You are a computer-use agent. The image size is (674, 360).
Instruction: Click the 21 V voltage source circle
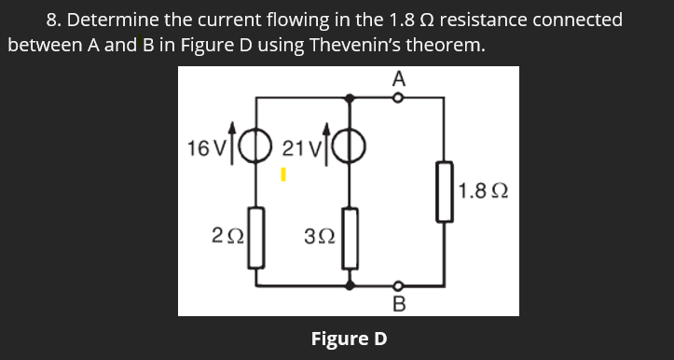pyautogui.click(x=351, y=148)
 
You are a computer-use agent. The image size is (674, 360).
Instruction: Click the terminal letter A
pyautogui.click(x=399, y=80)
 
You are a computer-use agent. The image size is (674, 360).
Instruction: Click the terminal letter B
pyautogui.click(x=399, y=303)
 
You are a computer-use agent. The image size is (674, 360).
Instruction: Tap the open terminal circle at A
pyautogui.click(x=398, y=97)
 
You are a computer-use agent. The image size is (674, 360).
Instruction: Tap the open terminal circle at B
pyautogui.click(x=398, y=284)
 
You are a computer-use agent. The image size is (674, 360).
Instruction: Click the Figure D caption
pyautogui.click(x=348, y=337)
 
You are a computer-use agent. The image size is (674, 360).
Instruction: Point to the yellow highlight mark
pyautogui.click(x=285, y=173)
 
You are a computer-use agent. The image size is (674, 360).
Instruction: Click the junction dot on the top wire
pyautogui.click(x=351, y=97)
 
